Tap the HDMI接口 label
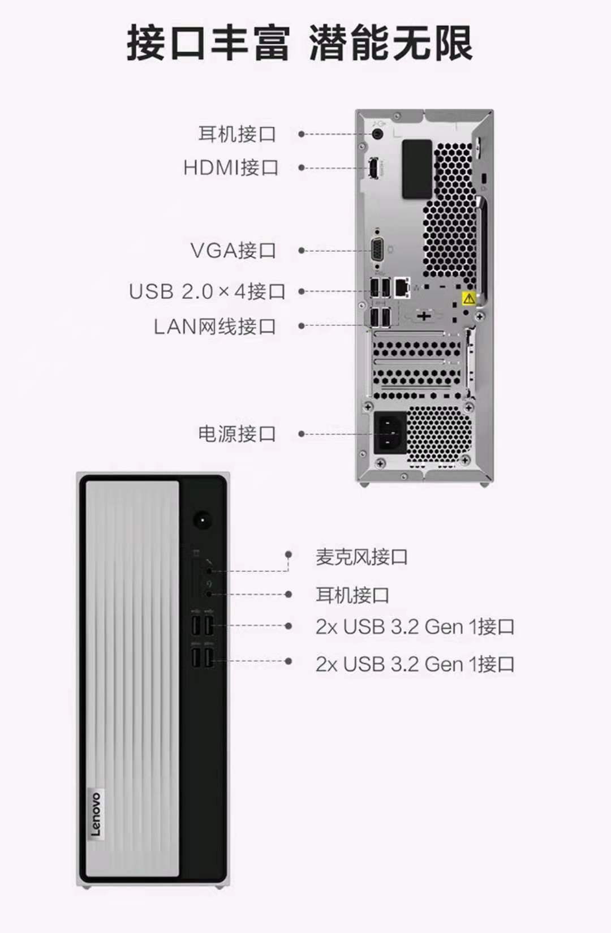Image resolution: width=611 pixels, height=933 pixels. click(x=231, y=167)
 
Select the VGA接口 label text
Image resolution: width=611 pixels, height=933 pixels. click(x=233, y=250)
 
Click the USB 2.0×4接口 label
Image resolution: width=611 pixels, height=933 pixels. click(x=207, y=291)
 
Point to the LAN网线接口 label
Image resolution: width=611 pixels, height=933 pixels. click(x=215, y=326)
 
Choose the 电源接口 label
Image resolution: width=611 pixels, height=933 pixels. click(x=237, y=433)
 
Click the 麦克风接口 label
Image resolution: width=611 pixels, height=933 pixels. click(x=362, y=557)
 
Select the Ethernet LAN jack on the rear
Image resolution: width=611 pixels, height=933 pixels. click(x=402, y=286)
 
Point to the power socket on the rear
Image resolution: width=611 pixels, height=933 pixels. click(x=390, y=432)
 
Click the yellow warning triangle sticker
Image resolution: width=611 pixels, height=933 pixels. click(x=469, y=298)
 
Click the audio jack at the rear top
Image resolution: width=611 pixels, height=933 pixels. click(x=377, y=134)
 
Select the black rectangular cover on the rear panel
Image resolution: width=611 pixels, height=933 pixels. click(x=417, y=169)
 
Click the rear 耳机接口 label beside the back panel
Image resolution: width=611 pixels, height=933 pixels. click(x=237, y=134)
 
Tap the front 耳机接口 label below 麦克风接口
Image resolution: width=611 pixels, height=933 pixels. click(x=352, y=595)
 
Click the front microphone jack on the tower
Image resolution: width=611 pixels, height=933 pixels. click(x=209, y=571)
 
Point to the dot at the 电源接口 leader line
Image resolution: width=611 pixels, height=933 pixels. click(x=302, y=434)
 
